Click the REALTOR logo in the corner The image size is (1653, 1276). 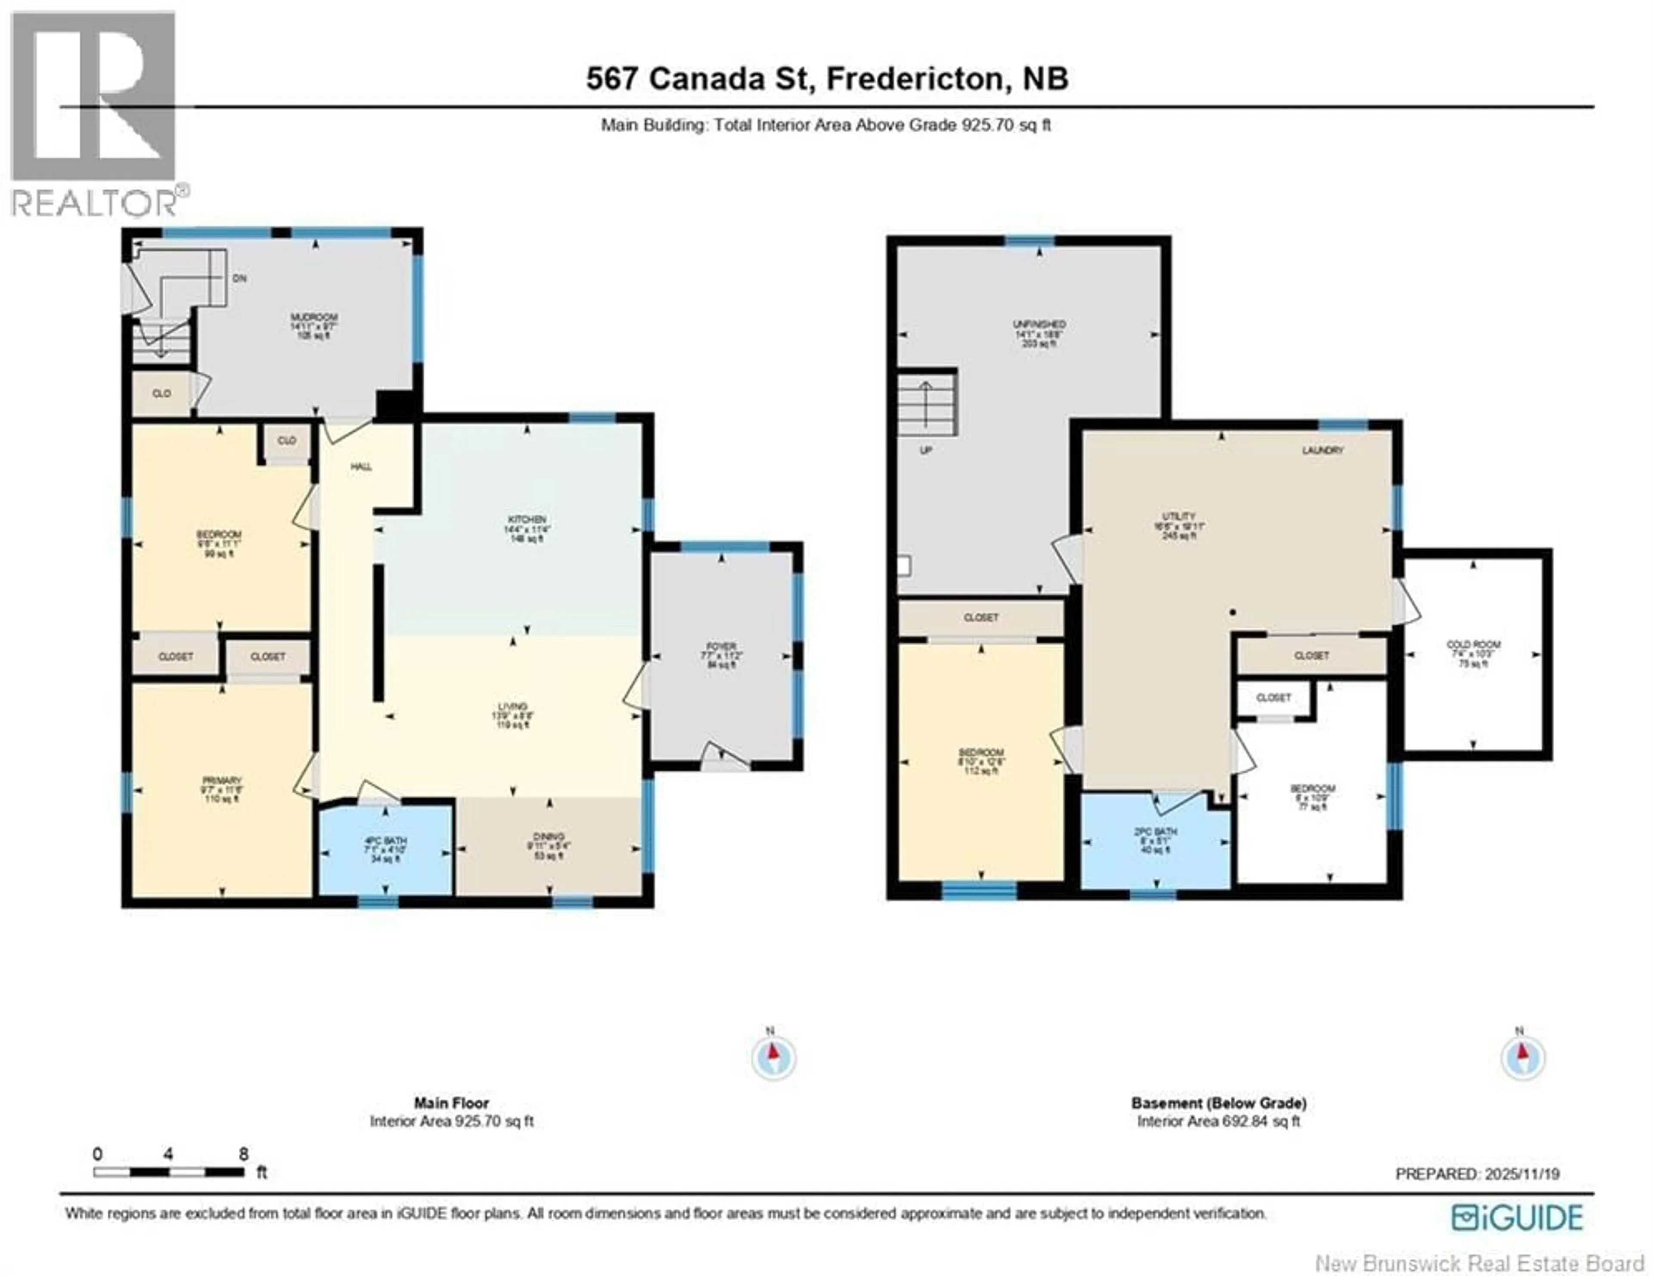coord(95,114)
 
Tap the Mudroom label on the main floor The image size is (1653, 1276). coord(314,317)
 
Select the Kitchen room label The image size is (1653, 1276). coord(527,519)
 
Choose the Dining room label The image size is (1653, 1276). coord(548,836)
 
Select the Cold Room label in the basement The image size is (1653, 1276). coord(1473,645)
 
